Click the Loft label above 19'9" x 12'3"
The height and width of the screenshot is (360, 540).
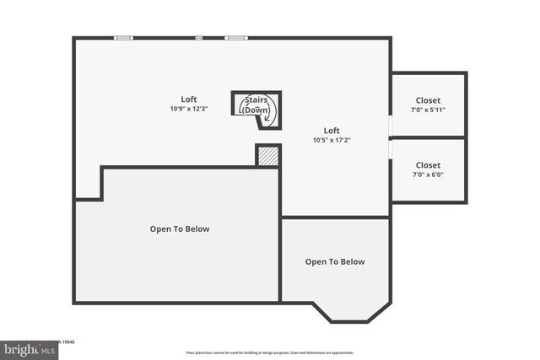(188, 99)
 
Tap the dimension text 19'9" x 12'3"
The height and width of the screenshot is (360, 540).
(188, 109)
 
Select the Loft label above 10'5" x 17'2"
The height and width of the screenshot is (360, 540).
(332, 130)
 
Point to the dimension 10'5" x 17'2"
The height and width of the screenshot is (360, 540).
(332, 140)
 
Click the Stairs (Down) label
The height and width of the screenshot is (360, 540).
(256, 105)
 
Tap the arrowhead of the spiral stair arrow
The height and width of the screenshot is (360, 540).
(267, 118)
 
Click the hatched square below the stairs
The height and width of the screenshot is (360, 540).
(267, 156)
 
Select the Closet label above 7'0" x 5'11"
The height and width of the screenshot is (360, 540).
(428, 99)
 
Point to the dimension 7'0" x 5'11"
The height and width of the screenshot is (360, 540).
(428, 110)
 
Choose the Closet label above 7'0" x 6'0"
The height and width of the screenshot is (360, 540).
(428, 165)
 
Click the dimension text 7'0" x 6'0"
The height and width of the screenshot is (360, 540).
(428, 175)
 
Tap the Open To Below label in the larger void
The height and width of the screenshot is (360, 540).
(180, 228)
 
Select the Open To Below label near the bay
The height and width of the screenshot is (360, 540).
(335, 261)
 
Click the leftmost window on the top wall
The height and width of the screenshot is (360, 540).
(124, 37)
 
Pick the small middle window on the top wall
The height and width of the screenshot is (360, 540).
(199, 37)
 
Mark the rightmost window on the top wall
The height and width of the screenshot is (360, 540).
(235, 37)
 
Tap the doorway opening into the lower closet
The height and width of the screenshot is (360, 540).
(391, 147)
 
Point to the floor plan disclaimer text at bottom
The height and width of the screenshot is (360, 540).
(269, 352)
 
